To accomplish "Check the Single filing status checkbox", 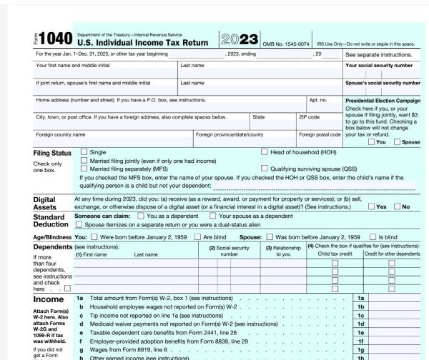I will tap(84, 151).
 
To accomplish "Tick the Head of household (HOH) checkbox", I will tap(266, 151).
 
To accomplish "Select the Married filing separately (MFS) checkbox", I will tap(84, 168).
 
